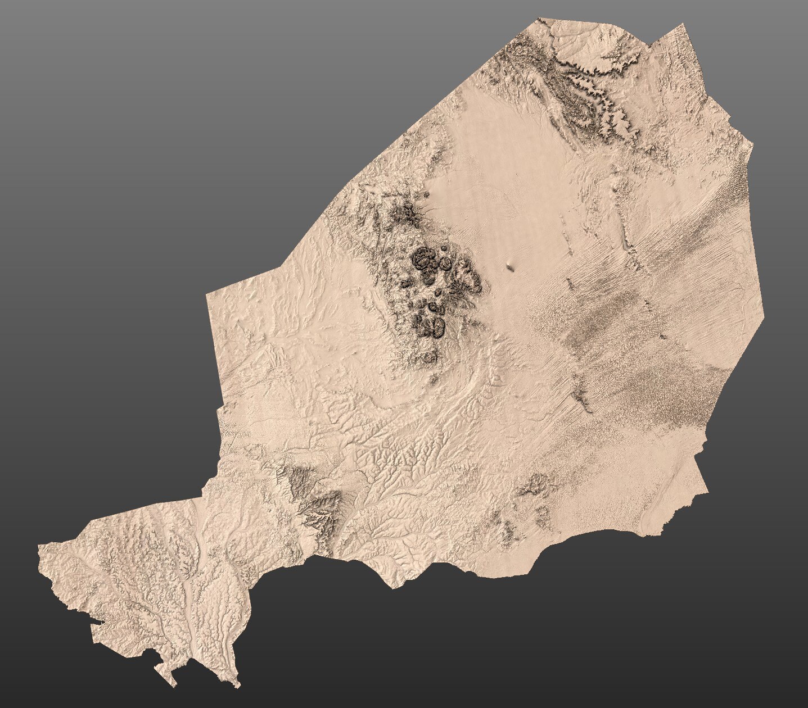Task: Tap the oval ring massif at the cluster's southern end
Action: [434, 326]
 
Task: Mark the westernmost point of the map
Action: [38, 546]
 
